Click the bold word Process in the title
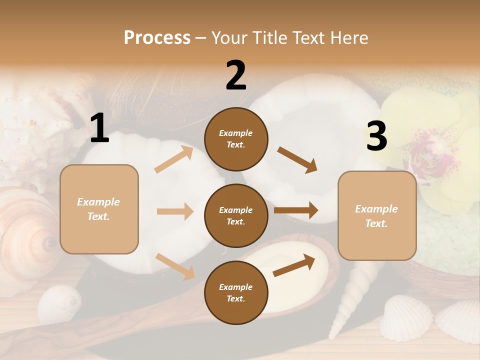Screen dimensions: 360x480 click(x=157, y=38)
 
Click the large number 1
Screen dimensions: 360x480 click(x=99, y=128)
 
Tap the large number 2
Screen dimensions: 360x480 click(x=236, y=75)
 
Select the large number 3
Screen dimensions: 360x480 click(x=376, y=136)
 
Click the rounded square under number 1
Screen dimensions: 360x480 click(x=99, y=209)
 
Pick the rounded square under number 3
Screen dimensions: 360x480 click(x=377, y=215)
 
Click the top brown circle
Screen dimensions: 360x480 click(x=236, y=138)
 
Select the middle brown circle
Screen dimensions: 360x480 click(x=236, y=215)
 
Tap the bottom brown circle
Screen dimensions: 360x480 click(x=236, y=292)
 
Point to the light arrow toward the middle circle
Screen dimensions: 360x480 click(x=175, y=211)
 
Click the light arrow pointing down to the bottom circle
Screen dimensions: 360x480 click(x=175, y=266)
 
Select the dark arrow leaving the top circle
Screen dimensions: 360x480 click(x=297, y=160)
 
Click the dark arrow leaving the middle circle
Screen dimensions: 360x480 click(x=296, y=210)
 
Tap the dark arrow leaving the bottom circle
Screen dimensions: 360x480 click(x=294, y=265)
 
